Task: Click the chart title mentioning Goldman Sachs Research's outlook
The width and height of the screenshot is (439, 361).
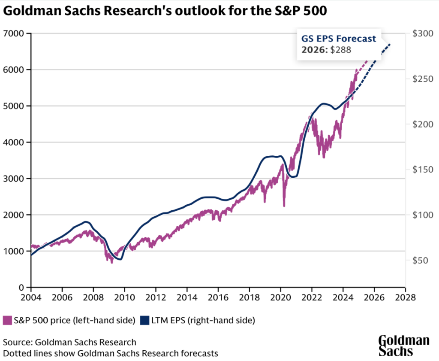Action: (165, 12)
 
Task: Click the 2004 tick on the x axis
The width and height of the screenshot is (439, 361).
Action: (31, 297)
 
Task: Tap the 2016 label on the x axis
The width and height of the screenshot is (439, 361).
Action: (218, 297)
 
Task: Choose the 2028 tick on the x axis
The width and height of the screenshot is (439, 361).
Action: (406, 297)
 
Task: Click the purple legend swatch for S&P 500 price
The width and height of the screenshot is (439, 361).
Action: (7, 320)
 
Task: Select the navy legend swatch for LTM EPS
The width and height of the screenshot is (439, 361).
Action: (145, 320)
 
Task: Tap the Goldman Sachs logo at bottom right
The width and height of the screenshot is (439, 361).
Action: (403, 346)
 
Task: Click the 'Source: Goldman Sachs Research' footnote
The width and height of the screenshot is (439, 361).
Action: (69, 343)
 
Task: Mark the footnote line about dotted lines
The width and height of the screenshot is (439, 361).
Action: (111, 353)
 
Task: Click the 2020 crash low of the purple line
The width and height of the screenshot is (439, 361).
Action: (284, 206)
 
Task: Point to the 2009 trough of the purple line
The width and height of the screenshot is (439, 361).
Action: (112, 262)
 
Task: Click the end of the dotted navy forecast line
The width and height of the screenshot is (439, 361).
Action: (390, 44)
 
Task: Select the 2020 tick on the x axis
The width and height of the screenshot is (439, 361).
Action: (281, 297)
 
